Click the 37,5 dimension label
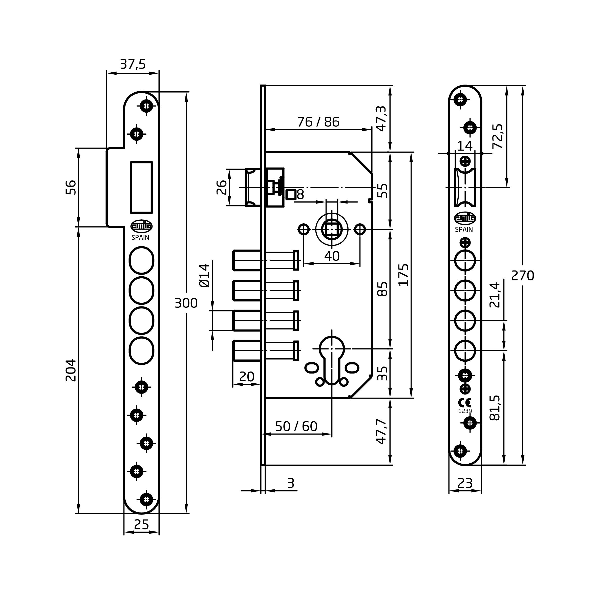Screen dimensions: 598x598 [133, 64]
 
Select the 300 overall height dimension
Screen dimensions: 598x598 [186, 303]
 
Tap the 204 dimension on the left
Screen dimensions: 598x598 [71, 370]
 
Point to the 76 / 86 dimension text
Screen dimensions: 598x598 [318, 122]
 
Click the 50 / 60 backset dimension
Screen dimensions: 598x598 [296, 426]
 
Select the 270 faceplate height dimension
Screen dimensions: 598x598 [522, 275]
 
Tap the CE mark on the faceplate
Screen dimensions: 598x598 [465, 403]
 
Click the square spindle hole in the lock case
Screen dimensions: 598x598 [331, 230]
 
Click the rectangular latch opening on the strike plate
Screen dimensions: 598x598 [141, 187]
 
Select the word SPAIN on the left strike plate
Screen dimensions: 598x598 [140, 238]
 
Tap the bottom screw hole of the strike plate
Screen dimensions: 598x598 [146, 499]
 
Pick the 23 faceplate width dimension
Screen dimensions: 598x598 [465, 483]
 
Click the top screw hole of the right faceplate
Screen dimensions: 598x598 [460, 100]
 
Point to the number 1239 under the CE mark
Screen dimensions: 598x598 [465, 411]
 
